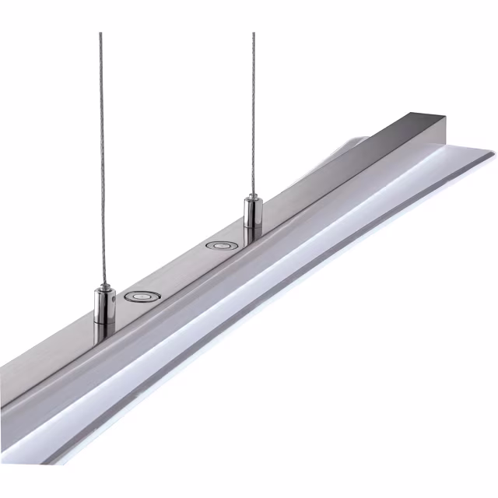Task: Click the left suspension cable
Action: pyautogui.click(x=101, y=156)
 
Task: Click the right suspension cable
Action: pyautogui.click(x=253, y=117)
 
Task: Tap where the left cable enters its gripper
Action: pyautogui.click(x=102, y=286)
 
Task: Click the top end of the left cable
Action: pyautogui.click(x=100, y=34)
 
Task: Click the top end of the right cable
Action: pyautogui.click(x=253, y=34)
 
